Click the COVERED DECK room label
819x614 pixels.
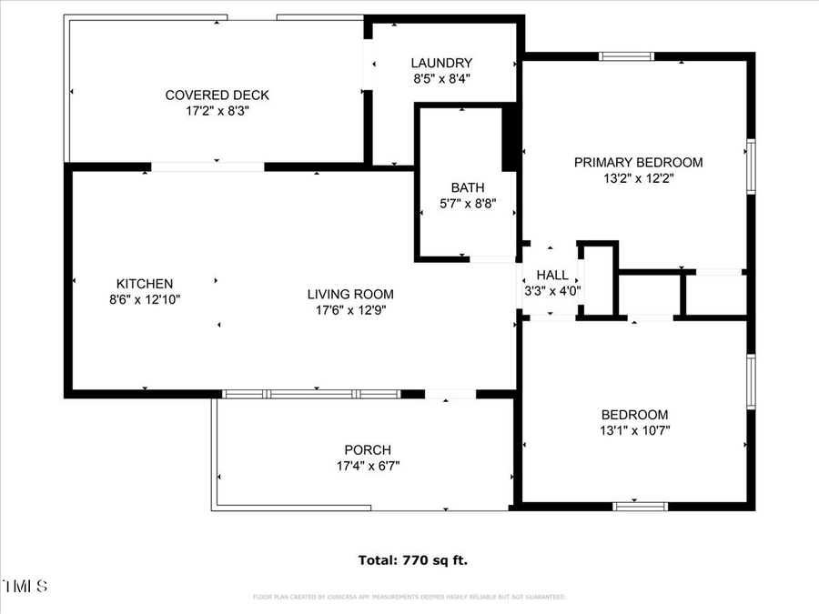point(217,96)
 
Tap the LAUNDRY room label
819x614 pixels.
point(441,63)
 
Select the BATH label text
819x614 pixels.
point(468,187)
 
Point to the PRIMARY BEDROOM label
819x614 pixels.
point(638,162)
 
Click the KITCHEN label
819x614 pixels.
point(144,284)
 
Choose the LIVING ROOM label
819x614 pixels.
point(350,294)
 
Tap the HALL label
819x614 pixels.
point(552,275)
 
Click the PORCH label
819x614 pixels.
point(368,449)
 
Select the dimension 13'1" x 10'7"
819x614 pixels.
point(634,430)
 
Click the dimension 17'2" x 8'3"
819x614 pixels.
point(217,111)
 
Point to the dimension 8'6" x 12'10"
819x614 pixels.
point(144,299)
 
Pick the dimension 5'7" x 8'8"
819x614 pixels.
point(468,204)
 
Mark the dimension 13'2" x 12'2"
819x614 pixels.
point(638,178)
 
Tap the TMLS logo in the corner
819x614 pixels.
point(25,586)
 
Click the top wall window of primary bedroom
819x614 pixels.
point(626,56)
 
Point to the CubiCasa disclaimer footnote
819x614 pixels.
point(409,598)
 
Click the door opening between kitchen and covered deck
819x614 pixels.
point(207,166)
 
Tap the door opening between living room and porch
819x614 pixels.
point(450,395)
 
